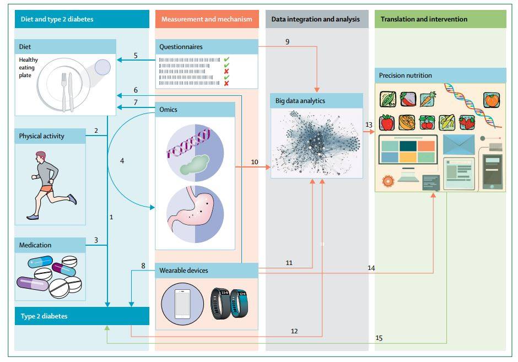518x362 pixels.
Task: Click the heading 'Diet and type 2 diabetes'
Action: [x=57, y=19]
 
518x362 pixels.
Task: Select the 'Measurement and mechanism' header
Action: [x=207, y=19]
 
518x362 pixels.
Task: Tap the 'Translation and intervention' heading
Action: [x=424, y=19]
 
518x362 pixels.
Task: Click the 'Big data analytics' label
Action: [x=300, y=101]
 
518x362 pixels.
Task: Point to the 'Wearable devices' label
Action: [x=184, y=270]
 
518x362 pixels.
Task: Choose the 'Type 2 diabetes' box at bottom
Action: [x=82, y=316]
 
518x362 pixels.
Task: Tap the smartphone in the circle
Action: [x=182, y=304]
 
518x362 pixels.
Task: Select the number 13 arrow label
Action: [x=369, y=125]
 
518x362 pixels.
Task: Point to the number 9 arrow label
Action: [x=288, y=42]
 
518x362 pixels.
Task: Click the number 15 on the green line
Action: [x=379, y=338]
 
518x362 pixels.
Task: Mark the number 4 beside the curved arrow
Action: [x=122, y=161]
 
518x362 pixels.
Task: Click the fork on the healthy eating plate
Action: [x=64, y=91]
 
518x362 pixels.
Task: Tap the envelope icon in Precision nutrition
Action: [x=458, y=144]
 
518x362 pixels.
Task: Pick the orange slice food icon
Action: [x=407, y=122]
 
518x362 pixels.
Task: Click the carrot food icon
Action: [x=428, y=99]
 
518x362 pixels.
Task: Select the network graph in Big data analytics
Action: [x=316, y=143]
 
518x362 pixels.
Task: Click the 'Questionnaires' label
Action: [x=181, y=47]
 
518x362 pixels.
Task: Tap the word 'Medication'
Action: [x=35, y=245]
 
